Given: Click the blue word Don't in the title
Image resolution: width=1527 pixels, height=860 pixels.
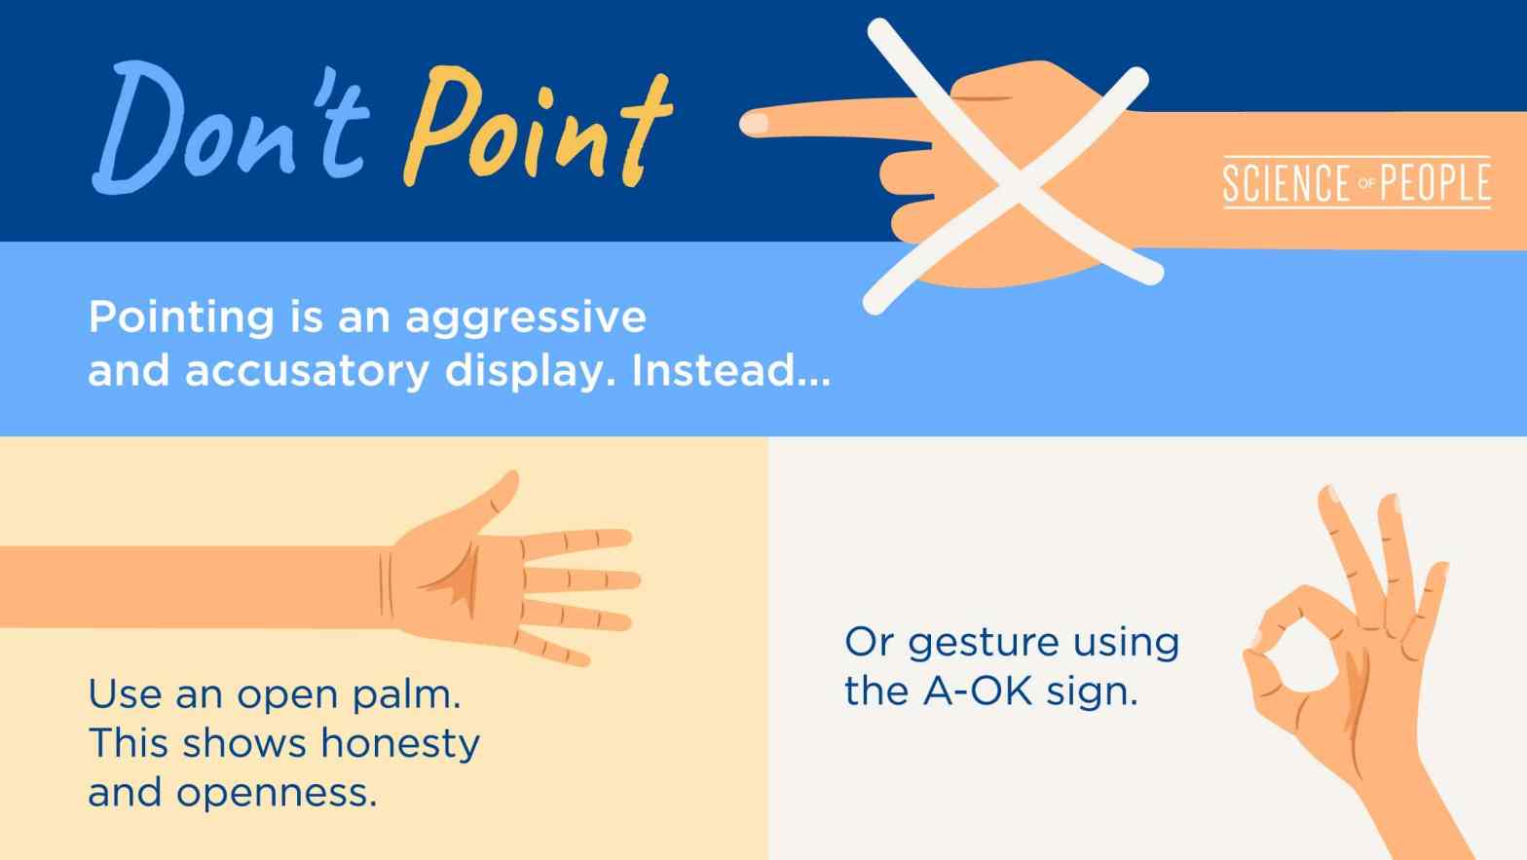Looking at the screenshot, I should click(229, 127).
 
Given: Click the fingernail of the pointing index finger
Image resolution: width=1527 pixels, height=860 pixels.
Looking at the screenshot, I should click(756, 124).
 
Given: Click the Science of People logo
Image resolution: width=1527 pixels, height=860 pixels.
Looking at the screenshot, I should click(1356, 182).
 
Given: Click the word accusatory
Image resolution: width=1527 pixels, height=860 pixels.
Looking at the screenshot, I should click(307, 371).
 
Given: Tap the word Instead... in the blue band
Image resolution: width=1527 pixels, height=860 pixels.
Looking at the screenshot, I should click(731, 371).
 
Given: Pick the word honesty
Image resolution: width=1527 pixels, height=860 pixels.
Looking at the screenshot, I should click(400, 744).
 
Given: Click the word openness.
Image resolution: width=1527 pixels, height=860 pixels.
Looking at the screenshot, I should click(277, 793).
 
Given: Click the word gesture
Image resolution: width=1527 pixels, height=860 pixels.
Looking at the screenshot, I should click(983, 643).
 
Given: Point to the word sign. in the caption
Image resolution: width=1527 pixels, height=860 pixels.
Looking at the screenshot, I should click(1093, 692).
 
